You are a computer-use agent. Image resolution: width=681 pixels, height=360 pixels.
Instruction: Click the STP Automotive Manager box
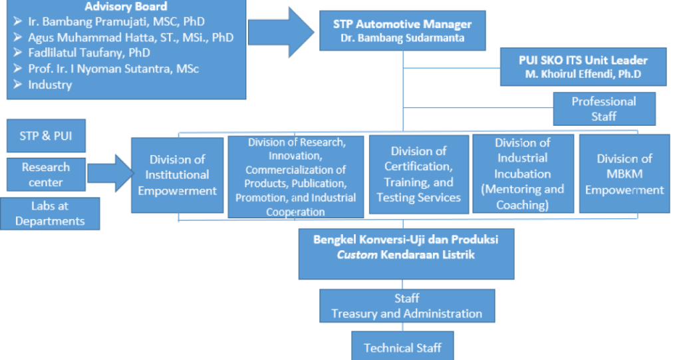pos(402,31)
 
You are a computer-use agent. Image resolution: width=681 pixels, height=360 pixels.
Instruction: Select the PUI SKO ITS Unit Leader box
pos(583,67)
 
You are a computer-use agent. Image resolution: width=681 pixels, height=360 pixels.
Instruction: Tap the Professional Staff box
pos(604,108)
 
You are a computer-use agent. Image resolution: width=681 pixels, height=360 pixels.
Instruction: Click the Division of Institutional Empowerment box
pos(178,175)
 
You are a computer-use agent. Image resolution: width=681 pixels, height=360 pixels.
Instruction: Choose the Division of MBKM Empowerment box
pos(624,174)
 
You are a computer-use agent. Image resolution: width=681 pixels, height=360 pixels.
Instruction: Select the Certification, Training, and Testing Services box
pos(418,174)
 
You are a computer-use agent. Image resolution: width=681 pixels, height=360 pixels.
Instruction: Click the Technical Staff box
pos(402,347)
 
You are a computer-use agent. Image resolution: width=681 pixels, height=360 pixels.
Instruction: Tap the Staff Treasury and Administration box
pos(406,306)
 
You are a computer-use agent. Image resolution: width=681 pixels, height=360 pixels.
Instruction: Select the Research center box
pos(46,174)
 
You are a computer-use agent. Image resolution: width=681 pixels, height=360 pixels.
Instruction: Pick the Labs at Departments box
pos(50,214)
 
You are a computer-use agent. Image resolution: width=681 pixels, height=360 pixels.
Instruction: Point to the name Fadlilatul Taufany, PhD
pos(88,53)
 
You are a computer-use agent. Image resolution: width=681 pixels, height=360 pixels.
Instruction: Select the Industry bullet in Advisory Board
pos(50,85)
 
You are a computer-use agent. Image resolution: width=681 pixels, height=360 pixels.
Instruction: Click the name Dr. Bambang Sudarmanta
pos(402,38)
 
